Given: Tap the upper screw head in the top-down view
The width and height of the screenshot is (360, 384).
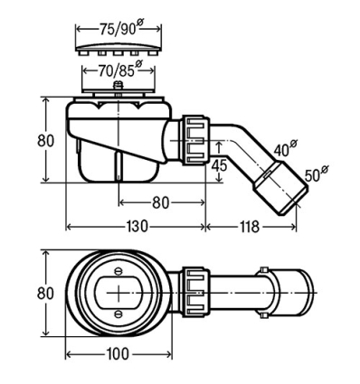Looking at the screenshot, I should pyautogui.click(x=118, y=271).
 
